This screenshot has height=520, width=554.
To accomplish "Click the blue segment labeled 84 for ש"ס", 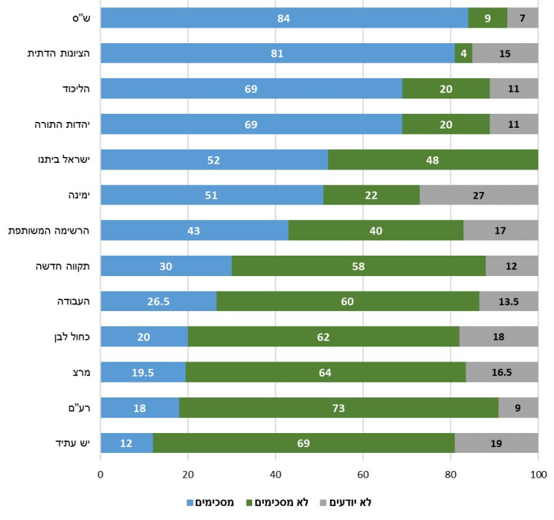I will pyautogui.click(x=284, y=18).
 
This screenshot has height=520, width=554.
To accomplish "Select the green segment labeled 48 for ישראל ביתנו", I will pyautogui.click(x=433, y=159).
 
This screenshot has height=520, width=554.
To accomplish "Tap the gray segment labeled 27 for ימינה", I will pyautogui.click(x=479, y=195).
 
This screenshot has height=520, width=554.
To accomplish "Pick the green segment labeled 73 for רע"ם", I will pyautogui.click(x=338, y=408).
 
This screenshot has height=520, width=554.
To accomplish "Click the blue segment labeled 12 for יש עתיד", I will pyautogui.click(x=126, y=443).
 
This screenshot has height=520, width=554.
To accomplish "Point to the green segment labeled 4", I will pyautogui.click(x=463, y=53).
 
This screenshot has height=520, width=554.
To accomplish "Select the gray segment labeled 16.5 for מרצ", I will pyautogui.click(x=501, y=372).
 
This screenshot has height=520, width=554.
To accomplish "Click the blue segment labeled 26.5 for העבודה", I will pyautogui.click(x=159, y=302).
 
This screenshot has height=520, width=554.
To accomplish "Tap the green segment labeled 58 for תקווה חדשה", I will pyautogui.click(x=358, y=266).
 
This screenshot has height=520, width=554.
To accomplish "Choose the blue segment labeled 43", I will pyautogui.click(x=194, y=231).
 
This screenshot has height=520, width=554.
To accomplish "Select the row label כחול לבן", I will pyautogui.click(x=72, y=337).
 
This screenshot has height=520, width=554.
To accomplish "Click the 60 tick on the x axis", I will pyautogui.click(x=363, y=475).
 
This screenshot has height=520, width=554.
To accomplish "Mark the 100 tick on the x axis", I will pyautogui.click(x=538, y=475).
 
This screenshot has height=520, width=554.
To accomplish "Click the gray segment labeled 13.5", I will pyautogui.click(x=509, y=302).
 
